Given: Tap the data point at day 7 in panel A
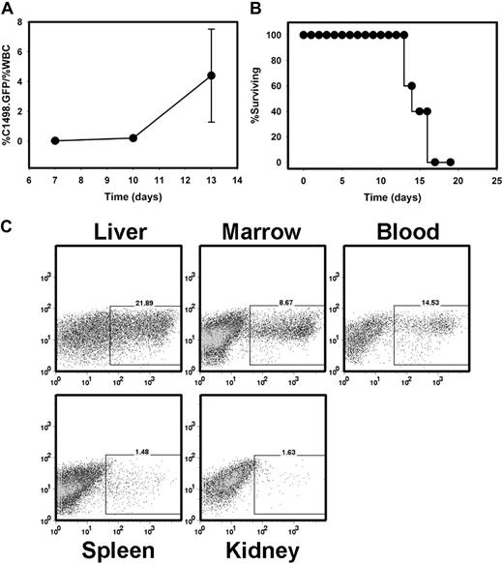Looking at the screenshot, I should click(x=55, y=140).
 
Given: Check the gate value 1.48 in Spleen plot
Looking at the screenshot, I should click(x=145, y=449).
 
